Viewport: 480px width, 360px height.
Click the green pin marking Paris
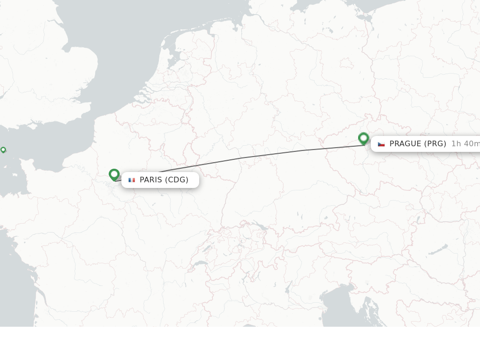[114, 174]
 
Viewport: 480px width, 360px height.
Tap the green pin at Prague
[363, 138]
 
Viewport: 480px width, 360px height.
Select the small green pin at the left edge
[3, 150]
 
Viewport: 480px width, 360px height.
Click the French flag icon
[132, 180]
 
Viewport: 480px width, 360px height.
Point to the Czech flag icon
[381, 144]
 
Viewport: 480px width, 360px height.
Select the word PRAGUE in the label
[405, 144]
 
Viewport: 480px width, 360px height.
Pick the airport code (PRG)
[435, 144]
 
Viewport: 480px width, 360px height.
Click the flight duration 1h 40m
[465, 144]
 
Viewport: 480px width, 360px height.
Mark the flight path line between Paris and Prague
[239, 158]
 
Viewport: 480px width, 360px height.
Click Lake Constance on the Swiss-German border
[261, 227]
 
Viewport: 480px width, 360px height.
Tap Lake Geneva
[200, 264]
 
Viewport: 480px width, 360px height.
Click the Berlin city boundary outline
[347, 63]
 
